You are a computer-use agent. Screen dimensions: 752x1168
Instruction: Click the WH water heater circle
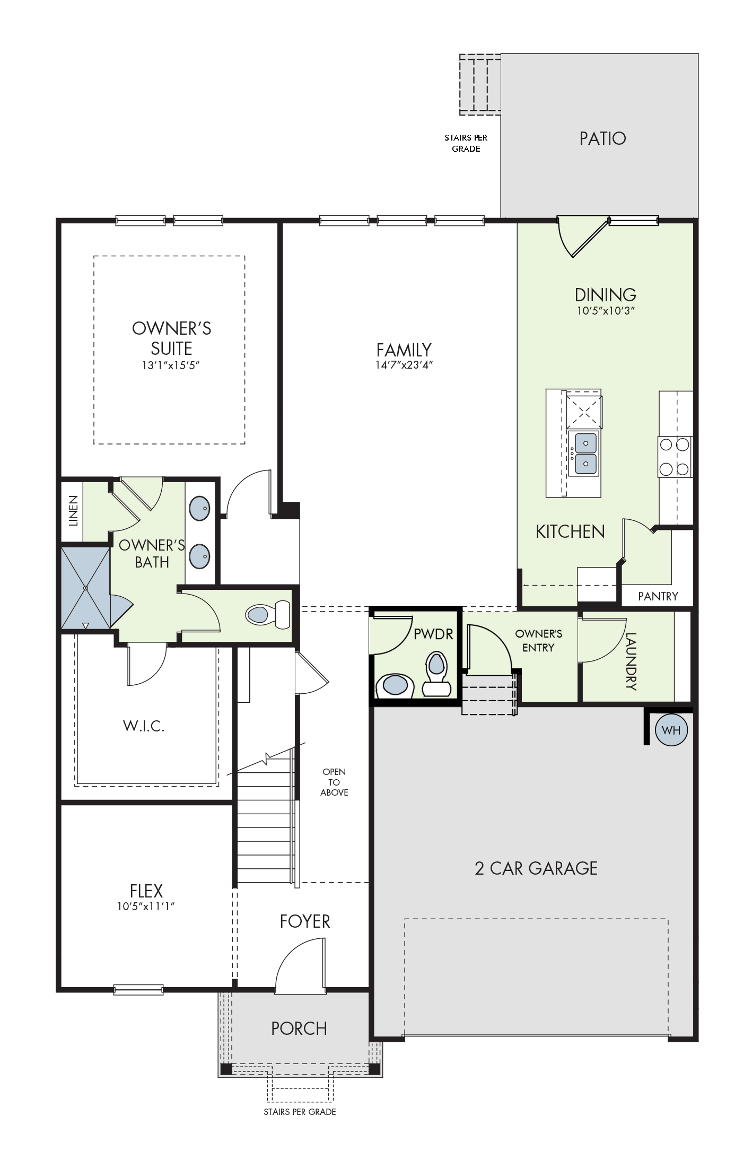point(671,730)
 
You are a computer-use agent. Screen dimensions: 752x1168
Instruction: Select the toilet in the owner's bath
point(268,615)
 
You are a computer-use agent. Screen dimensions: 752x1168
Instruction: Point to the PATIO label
point(602,138)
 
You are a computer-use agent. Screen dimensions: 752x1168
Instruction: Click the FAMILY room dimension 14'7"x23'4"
point(404,365)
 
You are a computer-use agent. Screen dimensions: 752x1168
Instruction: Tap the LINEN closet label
point(73,510)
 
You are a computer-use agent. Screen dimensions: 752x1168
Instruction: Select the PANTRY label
point(658,596)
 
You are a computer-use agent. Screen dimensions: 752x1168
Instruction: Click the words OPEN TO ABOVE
point(334,782)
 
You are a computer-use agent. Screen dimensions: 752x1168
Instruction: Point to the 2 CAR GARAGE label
point(536,868)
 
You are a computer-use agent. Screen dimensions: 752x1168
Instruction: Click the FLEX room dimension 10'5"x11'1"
point(146,907)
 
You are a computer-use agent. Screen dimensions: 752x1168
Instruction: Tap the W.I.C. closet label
point(144,726)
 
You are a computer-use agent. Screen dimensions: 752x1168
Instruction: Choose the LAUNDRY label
point(631,661)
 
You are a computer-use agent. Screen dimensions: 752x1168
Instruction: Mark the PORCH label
point(299,1028)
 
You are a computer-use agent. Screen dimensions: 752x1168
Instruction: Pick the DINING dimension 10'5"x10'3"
point(606,310)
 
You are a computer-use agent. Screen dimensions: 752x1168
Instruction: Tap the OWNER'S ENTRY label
point(538,640)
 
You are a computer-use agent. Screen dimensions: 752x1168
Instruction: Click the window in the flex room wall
point(138,989)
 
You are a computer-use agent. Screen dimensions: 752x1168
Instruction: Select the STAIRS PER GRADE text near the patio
point(466,143)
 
